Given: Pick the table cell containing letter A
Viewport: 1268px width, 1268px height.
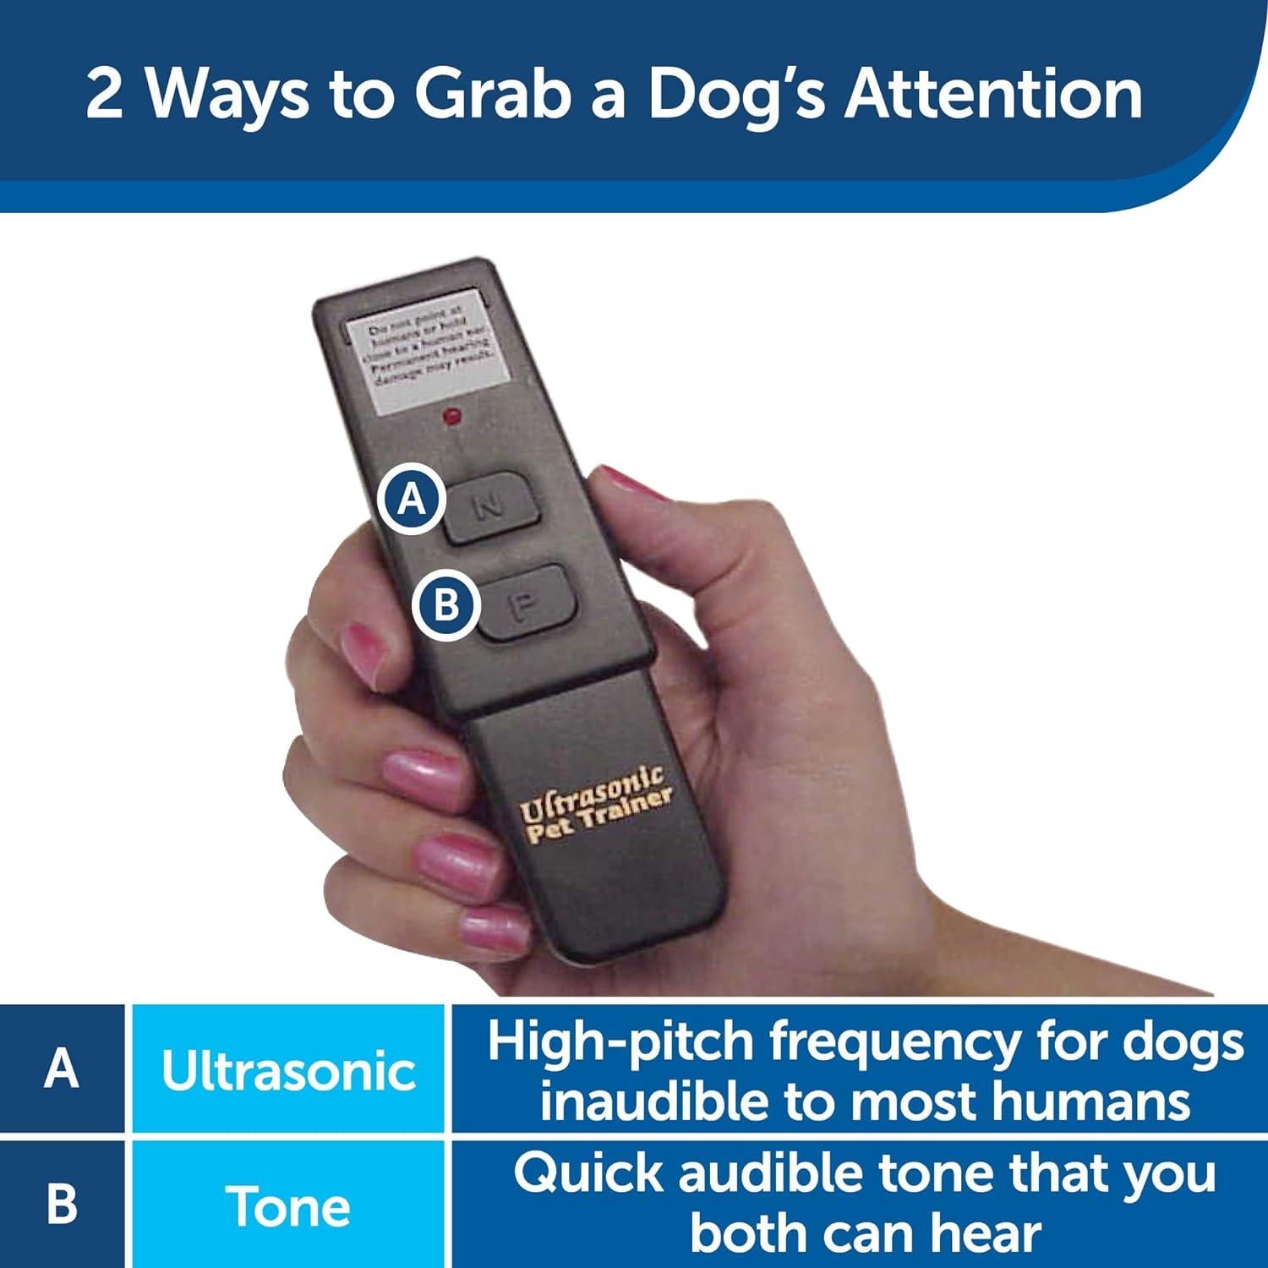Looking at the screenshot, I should (x=62, y=1069).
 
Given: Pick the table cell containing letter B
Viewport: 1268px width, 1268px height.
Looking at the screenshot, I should (x=62, y=1204).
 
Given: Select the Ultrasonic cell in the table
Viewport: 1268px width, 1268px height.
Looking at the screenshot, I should (x=288, y=1070).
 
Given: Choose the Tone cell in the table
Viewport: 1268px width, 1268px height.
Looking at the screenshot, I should (x=288, y=1205).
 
